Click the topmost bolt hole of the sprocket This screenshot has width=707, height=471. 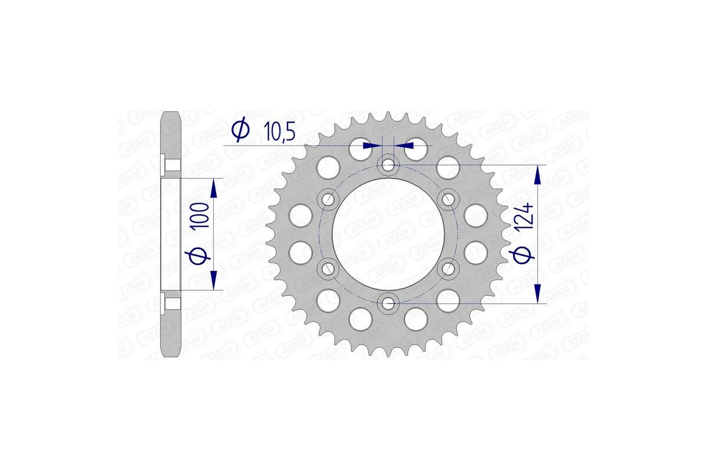pos(388,165)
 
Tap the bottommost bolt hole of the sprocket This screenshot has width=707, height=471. pos(388,303)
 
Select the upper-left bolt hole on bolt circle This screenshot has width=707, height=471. pos(328,199)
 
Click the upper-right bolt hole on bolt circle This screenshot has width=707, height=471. pos(448,199)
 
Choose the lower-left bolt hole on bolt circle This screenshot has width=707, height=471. pos(328,269)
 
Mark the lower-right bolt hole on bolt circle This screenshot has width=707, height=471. pos(448,269)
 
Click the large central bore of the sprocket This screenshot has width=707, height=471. pos(388,234)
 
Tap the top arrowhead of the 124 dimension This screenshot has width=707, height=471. pos(537,174)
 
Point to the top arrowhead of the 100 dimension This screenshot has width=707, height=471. pos(213,188)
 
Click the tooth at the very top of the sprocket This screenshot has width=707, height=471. pos(388,115)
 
